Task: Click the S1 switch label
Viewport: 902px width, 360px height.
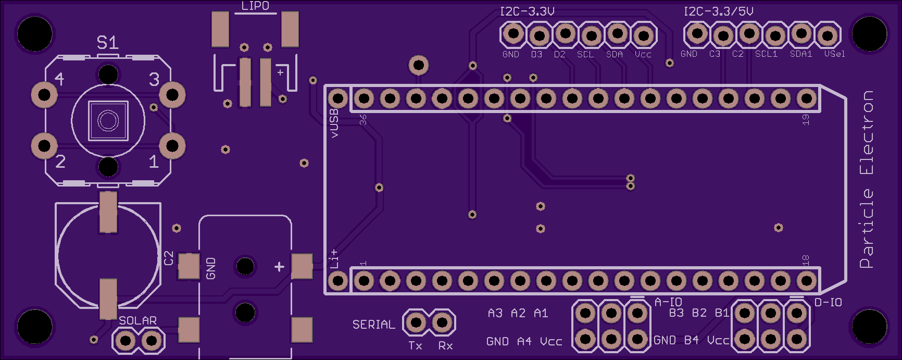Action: click(108, 42)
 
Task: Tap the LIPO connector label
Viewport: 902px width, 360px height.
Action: click(255, 6)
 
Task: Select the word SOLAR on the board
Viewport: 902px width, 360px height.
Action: click(137, 320)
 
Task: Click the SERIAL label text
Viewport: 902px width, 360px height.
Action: click(373, 325)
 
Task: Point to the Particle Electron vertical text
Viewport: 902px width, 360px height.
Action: click(867, 180)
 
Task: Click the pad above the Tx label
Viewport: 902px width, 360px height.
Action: click(416, 323)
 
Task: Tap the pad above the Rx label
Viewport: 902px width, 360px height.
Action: click(442, 323)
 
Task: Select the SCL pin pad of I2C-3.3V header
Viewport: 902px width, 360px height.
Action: click(592, 35)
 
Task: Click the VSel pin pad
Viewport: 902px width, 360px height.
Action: click(827, 35)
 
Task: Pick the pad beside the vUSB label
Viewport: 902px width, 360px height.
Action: click(337, 98)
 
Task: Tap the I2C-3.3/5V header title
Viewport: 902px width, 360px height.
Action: click(718, 11)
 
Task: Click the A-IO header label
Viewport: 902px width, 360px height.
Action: click(668, 302)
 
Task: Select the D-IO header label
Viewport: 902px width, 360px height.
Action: click(828, 302)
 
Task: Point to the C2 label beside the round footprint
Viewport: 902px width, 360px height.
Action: click(168, 258)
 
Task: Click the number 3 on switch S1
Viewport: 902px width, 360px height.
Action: click(154, 79)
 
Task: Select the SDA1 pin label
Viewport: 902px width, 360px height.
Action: click(801, 54)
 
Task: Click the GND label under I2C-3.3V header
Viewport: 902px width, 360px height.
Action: click(510, 54)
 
